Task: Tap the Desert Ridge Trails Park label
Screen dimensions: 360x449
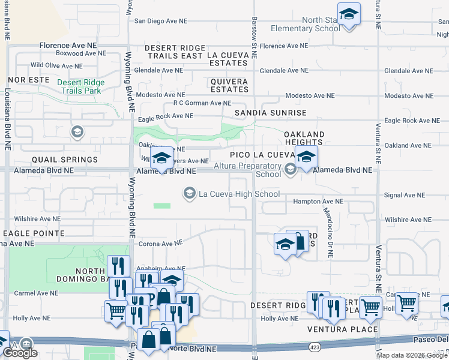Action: [80, 86]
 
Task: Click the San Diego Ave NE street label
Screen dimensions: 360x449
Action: [160, 20]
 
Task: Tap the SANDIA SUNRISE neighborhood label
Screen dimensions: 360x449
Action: [270, 113]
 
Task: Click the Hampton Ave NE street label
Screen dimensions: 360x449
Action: [318, 202]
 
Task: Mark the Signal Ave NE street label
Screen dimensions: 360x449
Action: [404, 195]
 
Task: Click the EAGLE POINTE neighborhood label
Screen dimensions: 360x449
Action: [33, 233]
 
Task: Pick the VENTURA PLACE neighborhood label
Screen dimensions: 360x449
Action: [343, 329]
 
